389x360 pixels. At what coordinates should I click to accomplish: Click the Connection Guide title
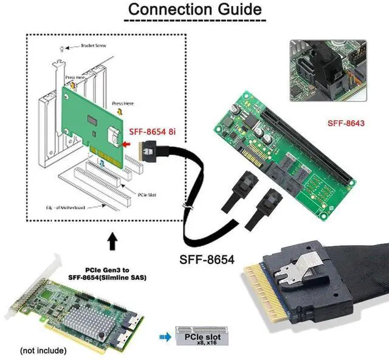[x=194, y=10]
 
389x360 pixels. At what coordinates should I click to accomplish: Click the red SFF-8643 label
[x=346, y=123]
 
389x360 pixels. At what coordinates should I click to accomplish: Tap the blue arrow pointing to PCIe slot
[x=164, y=336]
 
